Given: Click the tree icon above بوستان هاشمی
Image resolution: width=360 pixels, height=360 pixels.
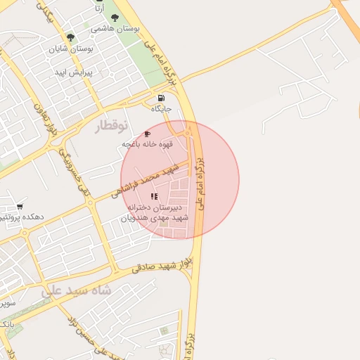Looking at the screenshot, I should pyautogui.click(x=115, y=18).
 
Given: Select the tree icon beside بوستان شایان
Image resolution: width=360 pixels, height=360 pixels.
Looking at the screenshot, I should pyautogui.click(x=70, y=37).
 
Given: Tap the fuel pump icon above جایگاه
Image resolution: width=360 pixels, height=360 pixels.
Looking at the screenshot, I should pyautogui.click(x=162, y=98).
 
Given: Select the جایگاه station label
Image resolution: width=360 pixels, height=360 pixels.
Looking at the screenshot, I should pyautogui.click(x=161, y=109).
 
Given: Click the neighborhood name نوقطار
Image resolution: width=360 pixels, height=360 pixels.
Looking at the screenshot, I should pyautogui.click(x=112, y=126).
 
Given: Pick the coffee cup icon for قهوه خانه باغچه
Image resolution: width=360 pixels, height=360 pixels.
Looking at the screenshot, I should pyautogui.click(x=147, y=134).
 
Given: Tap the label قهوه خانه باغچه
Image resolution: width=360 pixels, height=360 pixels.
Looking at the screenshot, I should pyautogui.click(x=146, y=144).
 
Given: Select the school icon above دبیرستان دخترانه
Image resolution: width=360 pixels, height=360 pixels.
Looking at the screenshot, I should pyautogui.click(x=155, y=197).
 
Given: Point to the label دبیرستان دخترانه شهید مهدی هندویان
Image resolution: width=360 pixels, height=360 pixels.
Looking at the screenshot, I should pyautogui.click(x=155, y=213).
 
